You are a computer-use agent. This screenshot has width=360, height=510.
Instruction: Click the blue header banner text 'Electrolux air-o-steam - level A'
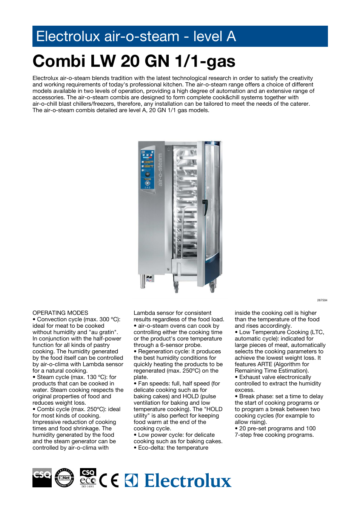pyautogui.click(x=136, y=37)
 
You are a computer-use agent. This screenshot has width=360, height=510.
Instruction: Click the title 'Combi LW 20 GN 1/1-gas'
pyautogui.click(x=134, y=61)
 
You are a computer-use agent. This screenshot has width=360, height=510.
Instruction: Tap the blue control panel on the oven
pyautogui.click(x=147, y=169)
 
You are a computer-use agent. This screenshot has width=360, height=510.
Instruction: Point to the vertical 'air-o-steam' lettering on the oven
pyautogui.click(x=160, y=169)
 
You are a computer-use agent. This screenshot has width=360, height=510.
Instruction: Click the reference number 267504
pyautogui.click(x=322, y=300)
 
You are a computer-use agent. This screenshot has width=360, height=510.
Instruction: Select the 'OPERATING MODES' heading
pyautogui.click(x=60, y=313)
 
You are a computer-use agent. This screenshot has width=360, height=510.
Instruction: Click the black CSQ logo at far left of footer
pyautogui.click(x=42, y=478)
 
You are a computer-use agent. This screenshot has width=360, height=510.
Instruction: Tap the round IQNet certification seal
pyautogui.click(x=65, y=478)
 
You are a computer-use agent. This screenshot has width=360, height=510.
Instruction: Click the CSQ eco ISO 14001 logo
pyautogui.click(x=88, y=478)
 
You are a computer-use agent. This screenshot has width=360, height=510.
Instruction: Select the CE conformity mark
pyautogui.click(x=109, y=480)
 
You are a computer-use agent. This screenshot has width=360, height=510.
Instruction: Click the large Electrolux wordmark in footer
pyautogui.click(x=188, y=481)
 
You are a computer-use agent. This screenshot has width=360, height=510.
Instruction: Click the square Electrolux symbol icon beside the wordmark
pyautogui.click(x=131, y=481)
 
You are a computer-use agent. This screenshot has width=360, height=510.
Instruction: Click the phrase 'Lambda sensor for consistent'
pyautogui.click(x=172, y=313)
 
